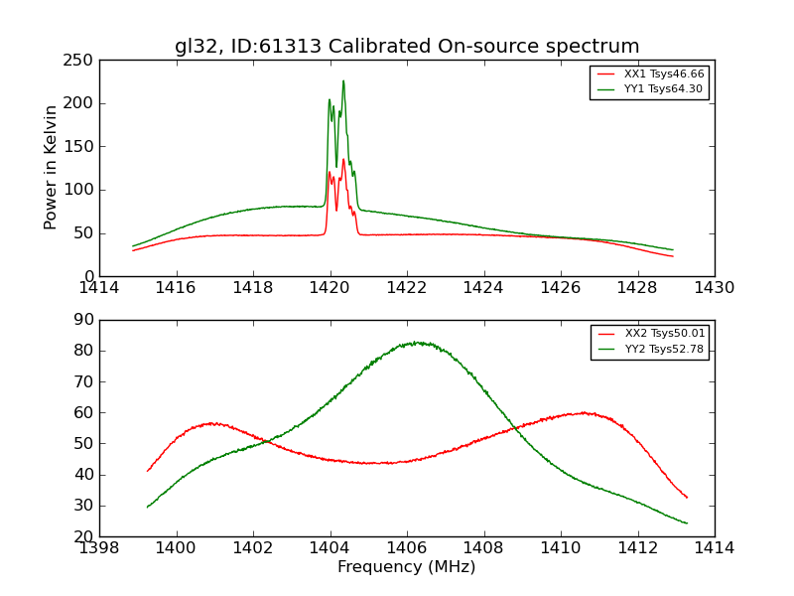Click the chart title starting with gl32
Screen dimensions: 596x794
tap(407, 47)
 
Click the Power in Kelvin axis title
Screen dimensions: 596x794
tap(51, 167)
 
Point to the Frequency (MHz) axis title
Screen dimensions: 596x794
tap(407, 567)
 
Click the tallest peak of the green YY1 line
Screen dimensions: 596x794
tap(343, 81)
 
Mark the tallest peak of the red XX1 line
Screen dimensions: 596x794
tap(343, 159)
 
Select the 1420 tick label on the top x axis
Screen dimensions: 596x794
tap(330, 288)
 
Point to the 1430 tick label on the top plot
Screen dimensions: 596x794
tap(714, 288)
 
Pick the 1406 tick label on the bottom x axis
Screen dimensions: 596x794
tap(407, 548)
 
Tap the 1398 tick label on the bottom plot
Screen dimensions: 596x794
tap(99, 548)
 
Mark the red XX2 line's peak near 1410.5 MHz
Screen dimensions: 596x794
tap(586, 412)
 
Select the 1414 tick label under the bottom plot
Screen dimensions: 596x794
tap(714, 548)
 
